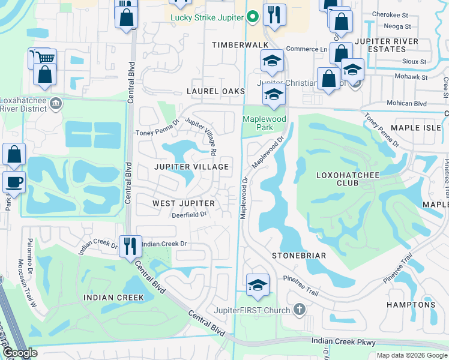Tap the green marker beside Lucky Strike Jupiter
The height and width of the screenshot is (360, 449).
(253, 17)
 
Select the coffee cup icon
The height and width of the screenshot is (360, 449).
(14, 181)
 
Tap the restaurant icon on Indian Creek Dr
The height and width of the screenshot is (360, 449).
(130, 245)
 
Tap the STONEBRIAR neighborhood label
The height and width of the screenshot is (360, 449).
(298, 256)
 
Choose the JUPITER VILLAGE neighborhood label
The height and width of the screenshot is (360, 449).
(191, 167)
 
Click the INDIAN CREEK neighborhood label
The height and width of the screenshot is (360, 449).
(113, 298)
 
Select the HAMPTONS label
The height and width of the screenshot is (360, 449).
(411, 305)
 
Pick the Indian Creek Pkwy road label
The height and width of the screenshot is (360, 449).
(343, 341)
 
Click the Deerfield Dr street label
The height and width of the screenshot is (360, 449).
(188, 214)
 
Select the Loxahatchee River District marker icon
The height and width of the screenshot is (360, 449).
(56, 103)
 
